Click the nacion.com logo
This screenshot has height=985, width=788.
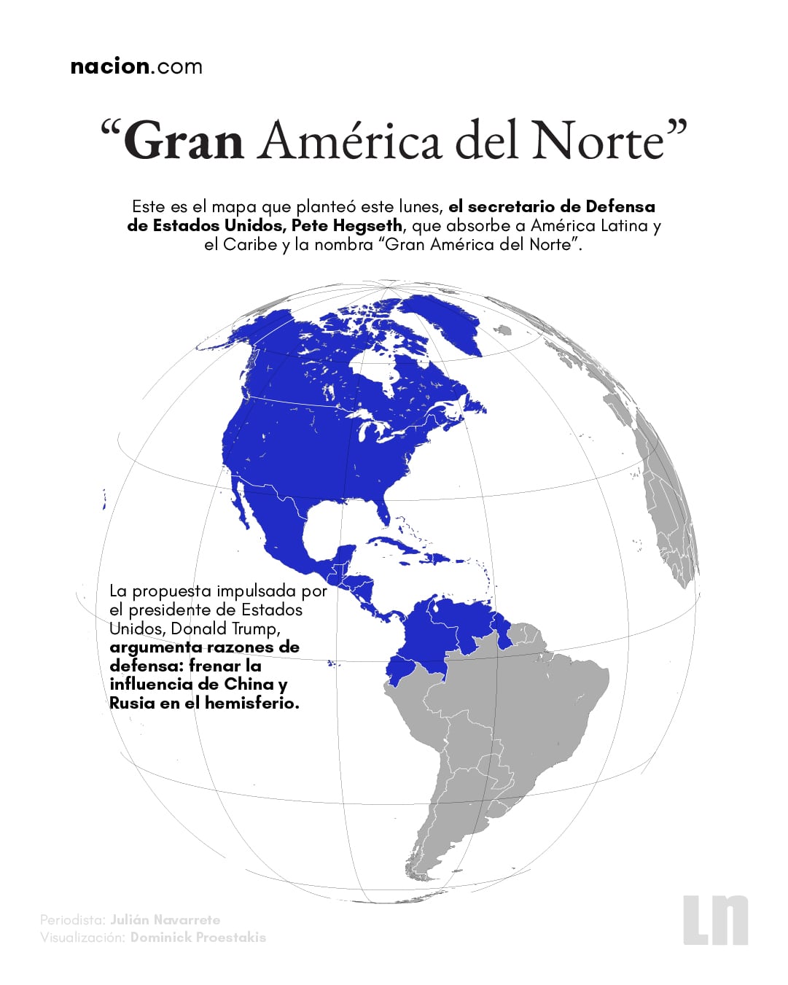[136, 66]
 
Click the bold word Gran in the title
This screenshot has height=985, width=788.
[184, 140]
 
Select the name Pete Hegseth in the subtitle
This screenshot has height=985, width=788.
[346, 225]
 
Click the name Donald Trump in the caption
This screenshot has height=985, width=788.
[224, 628]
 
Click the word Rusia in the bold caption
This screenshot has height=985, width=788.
[132, 703]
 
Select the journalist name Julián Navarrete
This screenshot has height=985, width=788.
[165, 919]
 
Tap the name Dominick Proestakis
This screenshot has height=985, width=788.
[198, 937]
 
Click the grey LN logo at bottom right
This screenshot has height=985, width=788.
[715, 919]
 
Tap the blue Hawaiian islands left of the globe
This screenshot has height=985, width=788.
[105, 499]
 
